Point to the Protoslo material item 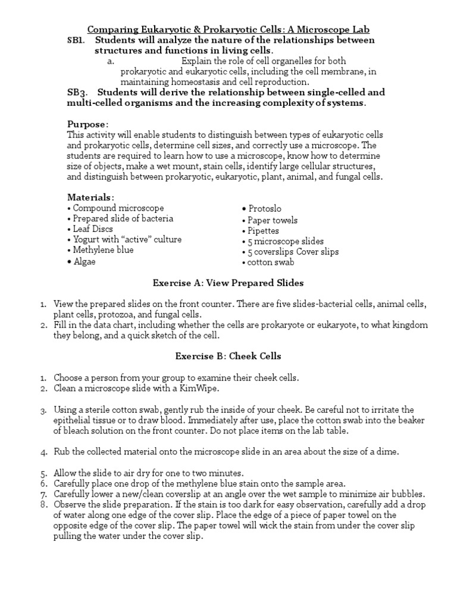pos(262,209)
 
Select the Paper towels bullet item pos(270,220)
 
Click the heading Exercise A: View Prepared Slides pos(228,282)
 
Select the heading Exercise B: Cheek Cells pos(228,356)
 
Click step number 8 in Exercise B pos(44,504)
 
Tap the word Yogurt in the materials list pos(87,240)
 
